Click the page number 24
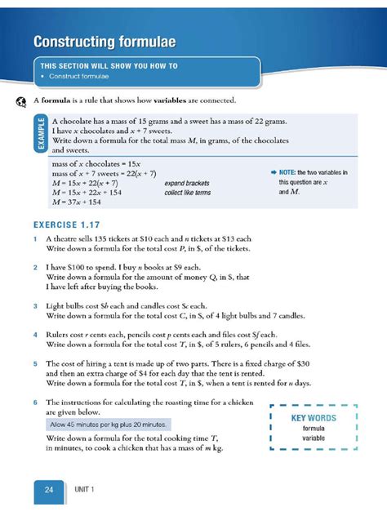(x=49, y=489)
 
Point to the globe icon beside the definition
(x=20, y=100)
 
